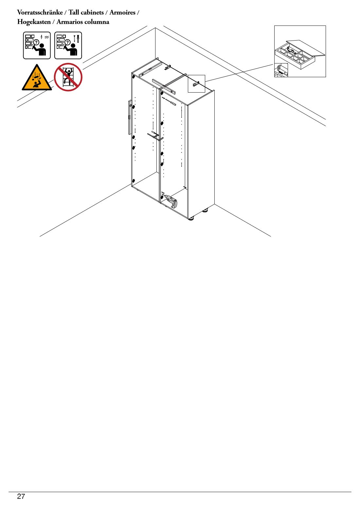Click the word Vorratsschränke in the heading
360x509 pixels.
click(40, 12)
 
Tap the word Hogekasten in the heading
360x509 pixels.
click(34, 22)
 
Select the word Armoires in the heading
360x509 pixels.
click(122, 12)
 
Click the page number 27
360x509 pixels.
click(21, 496)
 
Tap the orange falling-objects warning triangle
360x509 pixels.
click(37, 78)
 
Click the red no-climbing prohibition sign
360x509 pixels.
click(68, 77)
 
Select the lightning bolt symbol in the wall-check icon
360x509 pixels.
click(42, 37)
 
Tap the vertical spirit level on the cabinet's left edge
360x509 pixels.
click(130, 117)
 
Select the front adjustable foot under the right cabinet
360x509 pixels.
click(191, 219)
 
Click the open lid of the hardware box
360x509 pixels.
click(306, 48)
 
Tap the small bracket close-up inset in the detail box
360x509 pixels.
click(281, 70)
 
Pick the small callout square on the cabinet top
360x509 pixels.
click(196, 84)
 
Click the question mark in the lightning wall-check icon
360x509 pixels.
click(36, 42)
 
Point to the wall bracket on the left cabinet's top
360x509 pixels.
click(168, 67)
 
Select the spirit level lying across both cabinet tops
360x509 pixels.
click(164, 86)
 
